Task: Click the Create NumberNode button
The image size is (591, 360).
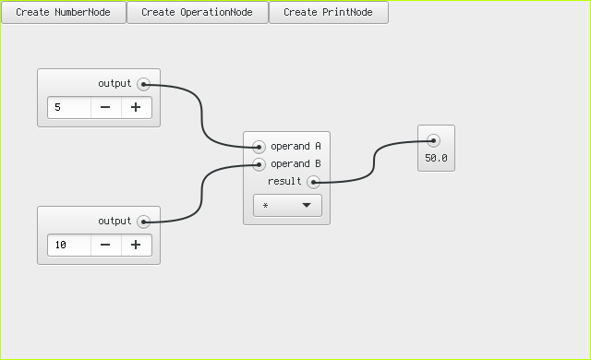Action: click(64, 12)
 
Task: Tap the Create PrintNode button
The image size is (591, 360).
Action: click(329, 12)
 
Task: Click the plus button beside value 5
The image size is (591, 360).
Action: click(136, 108)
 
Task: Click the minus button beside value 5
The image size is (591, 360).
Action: click(105, 108)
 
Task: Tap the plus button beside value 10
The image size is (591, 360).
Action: click(136, 246)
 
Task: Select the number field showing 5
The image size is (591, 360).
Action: click(69, 108)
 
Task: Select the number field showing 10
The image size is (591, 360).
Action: click(69, 246)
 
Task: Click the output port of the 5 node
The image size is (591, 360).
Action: click(144, 84)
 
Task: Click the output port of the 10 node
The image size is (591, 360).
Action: click(144, 222)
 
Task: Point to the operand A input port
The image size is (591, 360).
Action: click(259, 147)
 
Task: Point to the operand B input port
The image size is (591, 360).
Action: click(259, 164)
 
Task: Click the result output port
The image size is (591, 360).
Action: click(314, 182)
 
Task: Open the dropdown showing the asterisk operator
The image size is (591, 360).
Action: click(287, 206)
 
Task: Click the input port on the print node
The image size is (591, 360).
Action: click(433, 141)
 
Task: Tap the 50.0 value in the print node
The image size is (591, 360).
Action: click(436, 158)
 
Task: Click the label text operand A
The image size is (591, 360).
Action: click(295, 147)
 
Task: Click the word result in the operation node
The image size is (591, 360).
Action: click(284, 182)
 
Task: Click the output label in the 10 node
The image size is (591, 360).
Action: click(115, 221)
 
